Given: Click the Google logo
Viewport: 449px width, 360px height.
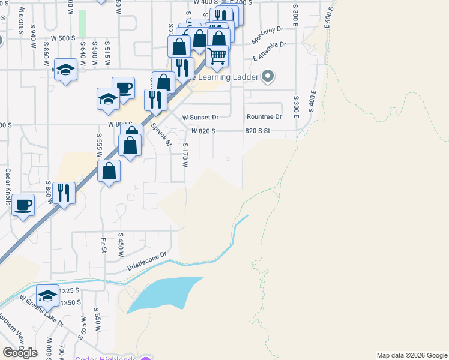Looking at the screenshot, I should [20, 353].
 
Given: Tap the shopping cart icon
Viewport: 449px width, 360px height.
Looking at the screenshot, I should [217, 56].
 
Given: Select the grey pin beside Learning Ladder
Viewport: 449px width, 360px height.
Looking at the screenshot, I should [268, 77].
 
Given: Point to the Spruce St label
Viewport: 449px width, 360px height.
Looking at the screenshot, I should [161, 134].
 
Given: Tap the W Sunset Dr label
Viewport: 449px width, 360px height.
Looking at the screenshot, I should [200, 117].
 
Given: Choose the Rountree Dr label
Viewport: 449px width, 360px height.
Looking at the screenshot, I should [264, 116].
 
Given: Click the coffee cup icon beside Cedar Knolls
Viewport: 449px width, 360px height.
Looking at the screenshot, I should [23, 205].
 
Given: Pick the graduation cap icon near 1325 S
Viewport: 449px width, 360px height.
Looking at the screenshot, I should [47, 295].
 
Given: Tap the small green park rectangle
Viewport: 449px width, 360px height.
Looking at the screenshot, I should [82, 23].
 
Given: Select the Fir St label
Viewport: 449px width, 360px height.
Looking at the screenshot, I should [104, 245].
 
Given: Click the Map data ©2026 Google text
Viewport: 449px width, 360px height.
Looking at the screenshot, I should [411, 355].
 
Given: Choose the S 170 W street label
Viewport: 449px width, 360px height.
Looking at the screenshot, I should [185, 155].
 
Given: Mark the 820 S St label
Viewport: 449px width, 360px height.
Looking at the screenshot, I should [258, 130].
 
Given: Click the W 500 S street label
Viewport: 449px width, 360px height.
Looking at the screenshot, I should [63, 38].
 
